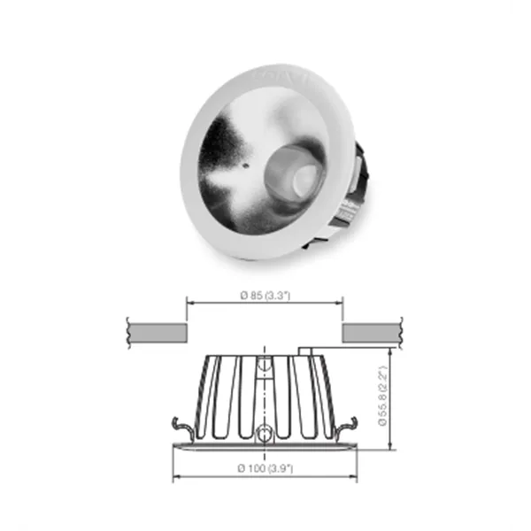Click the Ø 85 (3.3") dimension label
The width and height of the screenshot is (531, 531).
click(x=265, y=296)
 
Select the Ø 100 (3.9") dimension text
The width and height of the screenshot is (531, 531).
click(x=265, y=467)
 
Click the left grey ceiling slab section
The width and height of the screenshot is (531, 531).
click(x=157, y=333)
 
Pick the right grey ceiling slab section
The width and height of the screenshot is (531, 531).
click(x=371, y=333)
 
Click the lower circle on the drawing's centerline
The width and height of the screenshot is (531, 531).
click(x=265, y=434)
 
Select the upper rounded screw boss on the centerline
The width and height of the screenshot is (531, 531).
click(x=265, y=366)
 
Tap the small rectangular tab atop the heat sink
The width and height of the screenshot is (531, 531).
click(x=309, y=351)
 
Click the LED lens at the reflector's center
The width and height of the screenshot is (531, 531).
click(x=294, y=177)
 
